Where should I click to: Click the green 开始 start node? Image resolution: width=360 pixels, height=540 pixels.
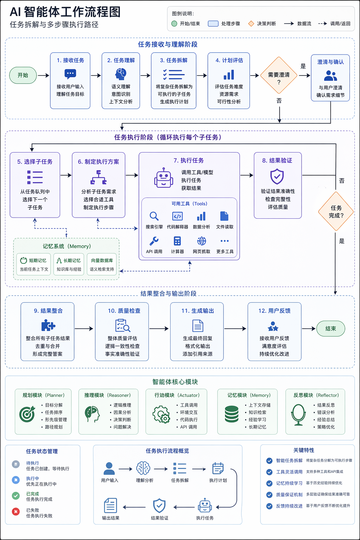[23, 75]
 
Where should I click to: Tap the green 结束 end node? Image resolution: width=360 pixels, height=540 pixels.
[330, 328]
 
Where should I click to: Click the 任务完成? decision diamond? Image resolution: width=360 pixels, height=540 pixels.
[336, 211]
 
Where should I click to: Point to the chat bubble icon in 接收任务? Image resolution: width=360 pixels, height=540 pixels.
[70, 74]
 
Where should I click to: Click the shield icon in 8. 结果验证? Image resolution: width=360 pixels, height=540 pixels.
[277, 176]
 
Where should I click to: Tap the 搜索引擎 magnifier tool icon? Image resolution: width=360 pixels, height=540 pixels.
[154, 216]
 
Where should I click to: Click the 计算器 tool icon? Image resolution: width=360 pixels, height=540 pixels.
[177, 241]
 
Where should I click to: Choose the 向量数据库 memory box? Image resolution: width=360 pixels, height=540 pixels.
[102, 264]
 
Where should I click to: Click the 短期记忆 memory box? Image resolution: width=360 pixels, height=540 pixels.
[34, 264]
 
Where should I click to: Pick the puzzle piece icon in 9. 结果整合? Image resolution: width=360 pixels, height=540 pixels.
[48, 326]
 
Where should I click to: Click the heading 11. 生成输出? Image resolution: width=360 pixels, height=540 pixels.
[198, 311]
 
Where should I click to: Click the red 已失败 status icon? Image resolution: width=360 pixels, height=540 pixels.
[16, 512]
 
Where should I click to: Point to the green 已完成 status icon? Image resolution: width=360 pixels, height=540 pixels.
[16, 496]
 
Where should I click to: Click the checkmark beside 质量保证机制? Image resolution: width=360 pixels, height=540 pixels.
[269, 495]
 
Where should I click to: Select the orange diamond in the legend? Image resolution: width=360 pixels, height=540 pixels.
[251, 24]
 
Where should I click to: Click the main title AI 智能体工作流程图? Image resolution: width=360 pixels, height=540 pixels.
[65, 12]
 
